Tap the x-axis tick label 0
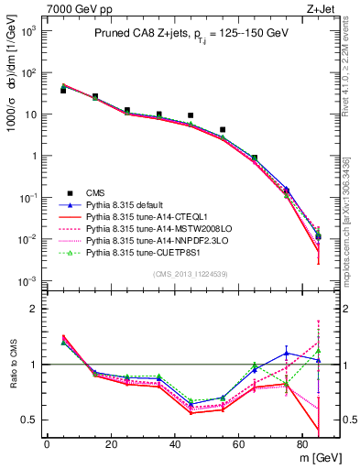(x=47, y=446)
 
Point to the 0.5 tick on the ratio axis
(x=27, y=420)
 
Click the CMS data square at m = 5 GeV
(x=63, y=91)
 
